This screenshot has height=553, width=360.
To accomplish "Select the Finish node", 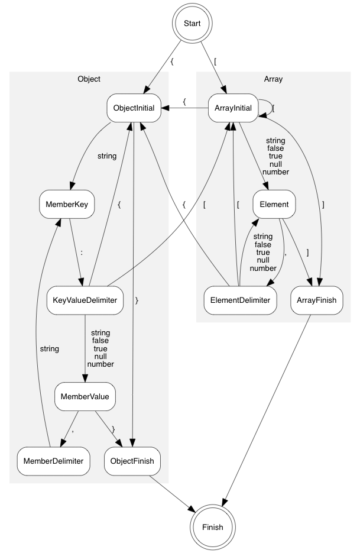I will tap(212, 526).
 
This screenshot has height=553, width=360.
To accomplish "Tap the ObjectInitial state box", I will tap(134, 108).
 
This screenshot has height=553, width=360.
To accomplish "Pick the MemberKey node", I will tap(67, 205).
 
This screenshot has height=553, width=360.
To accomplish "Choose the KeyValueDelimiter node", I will tap(85, 300).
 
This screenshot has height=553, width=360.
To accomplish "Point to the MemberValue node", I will tap(85, 396).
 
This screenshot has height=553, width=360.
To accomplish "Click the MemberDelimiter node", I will tap(53, 460).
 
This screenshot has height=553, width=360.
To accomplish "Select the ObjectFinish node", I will tap(133, 460).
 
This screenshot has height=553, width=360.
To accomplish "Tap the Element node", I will tap(274, 205).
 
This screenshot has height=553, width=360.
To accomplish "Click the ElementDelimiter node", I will tap(240, 300).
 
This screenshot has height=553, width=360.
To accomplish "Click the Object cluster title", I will tap(89, 79).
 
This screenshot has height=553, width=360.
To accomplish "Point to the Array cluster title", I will tap(273, 79).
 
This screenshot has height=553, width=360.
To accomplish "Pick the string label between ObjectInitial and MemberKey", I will tap(106, 156).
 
